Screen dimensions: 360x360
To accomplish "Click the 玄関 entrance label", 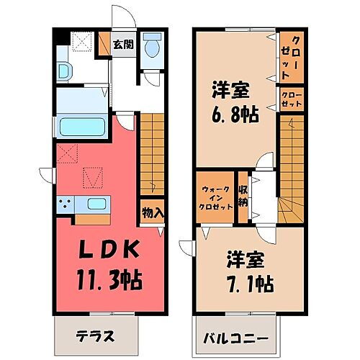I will [x=124, y=44].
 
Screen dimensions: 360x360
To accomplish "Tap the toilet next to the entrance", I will [x=152, y=48].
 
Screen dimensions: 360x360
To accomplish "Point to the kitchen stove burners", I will [x=66, y=204].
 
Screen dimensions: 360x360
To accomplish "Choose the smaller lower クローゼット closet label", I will [x=292, y=99].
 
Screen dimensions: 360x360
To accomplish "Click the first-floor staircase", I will [x=153, y=149].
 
